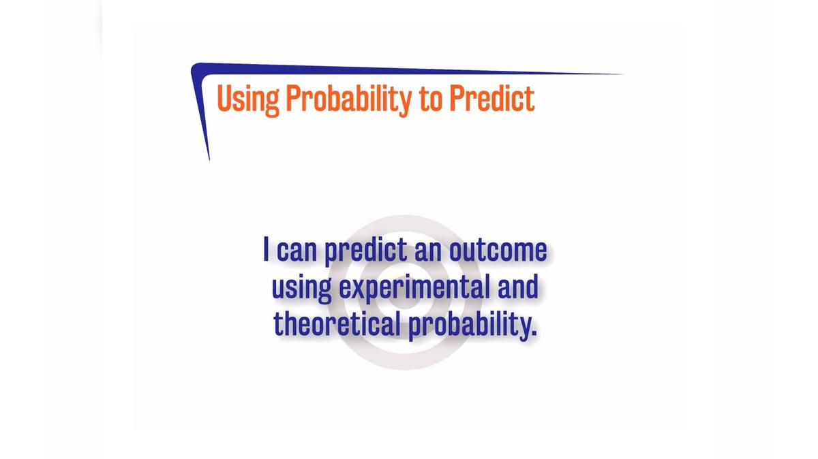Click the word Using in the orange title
point(248,99)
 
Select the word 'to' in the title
point(429,99)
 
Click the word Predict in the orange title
point(491,99)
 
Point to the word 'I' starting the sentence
point(267,250)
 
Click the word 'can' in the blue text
point(297,251)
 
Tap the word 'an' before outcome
point(428,251)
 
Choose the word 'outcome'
point(498,251)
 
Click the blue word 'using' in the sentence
point(301,288)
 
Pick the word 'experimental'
point(414,288)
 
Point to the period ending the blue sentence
point(534,334)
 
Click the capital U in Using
point(224,99)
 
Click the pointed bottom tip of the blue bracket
point(209,159)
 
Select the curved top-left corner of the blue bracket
point(196,68)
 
